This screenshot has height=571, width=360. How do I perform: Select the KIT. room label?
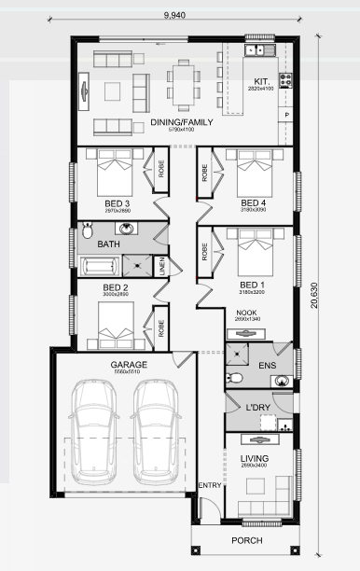point(260,81)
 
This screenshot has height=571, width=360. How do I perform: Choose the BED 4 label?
point(253,203)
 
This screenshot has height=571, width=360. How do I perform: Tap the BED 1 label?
point(253,285)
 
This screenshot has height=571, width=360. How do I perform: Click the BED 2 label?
point(115,287)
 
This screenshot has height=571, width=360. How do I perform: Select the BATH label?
point(109,244)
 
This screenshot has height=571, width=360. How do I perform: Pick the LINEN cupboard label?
point(161,266)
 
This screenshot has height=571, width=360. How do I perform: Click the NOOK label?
point(246,313)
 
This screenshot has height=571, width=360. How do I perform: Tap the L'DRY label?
point(257,408)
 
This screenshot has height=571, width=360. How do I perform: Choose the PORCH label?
point(245,540)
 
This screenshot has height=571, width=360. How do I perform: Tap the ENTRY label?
point(210,484)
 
